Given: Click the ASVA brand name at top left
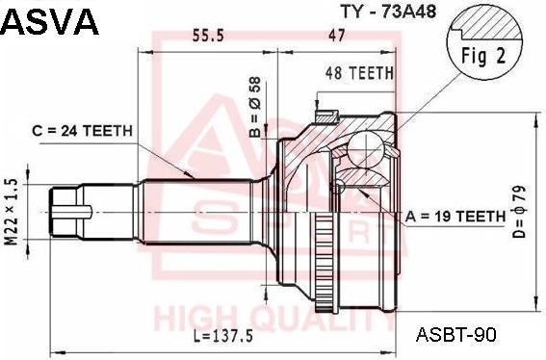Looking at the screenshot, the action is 51,21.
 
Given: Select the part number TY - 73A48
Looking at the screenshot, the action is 388,12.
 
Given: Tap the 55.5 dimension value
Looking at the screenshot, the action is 208,36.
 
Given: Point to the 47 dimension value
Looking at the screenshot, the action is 336,36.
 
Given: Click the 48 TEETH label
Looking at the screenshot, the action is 359,73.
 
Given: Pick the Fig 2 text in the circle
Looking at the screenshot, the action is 483,56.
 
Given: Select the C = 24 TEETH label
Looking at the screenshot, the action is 83,131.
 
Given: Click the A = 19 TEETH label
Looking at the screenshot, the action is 455,217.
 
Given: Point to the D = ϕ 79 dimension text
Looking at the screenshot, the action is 519,212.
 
